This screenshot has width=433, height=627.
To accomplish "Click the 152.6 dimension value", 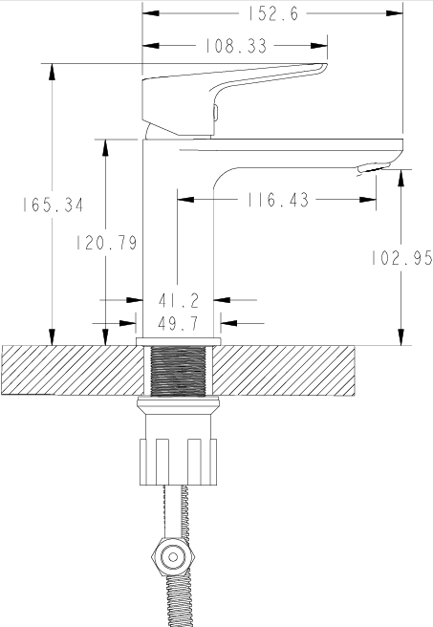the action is tap(273, 14).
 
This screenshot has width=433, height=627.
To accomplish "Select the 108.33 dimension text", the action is tap(236, 46).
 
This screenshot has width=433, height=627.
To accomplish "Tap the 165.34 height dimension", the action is tap(53, 205).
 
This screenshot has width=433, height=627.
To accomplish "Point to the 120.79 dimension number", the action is tap(106, 243).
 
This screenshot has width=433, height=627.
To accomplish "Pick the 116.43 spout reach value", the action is tap(278, 200).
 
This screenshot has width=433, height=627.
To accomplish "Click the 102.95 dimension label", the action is tap(401, 258).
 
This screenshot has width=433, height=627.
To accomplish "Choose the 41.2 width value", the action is tap(179, 301).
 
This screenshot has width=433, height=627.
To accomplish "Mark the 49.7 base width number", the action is tap(179, 323).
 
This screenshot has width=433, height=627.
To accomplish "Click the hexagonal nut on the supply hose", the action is tap(173, 557).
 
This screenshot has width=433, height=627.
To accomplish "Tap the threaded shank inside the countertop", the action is tap(179, 371).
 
